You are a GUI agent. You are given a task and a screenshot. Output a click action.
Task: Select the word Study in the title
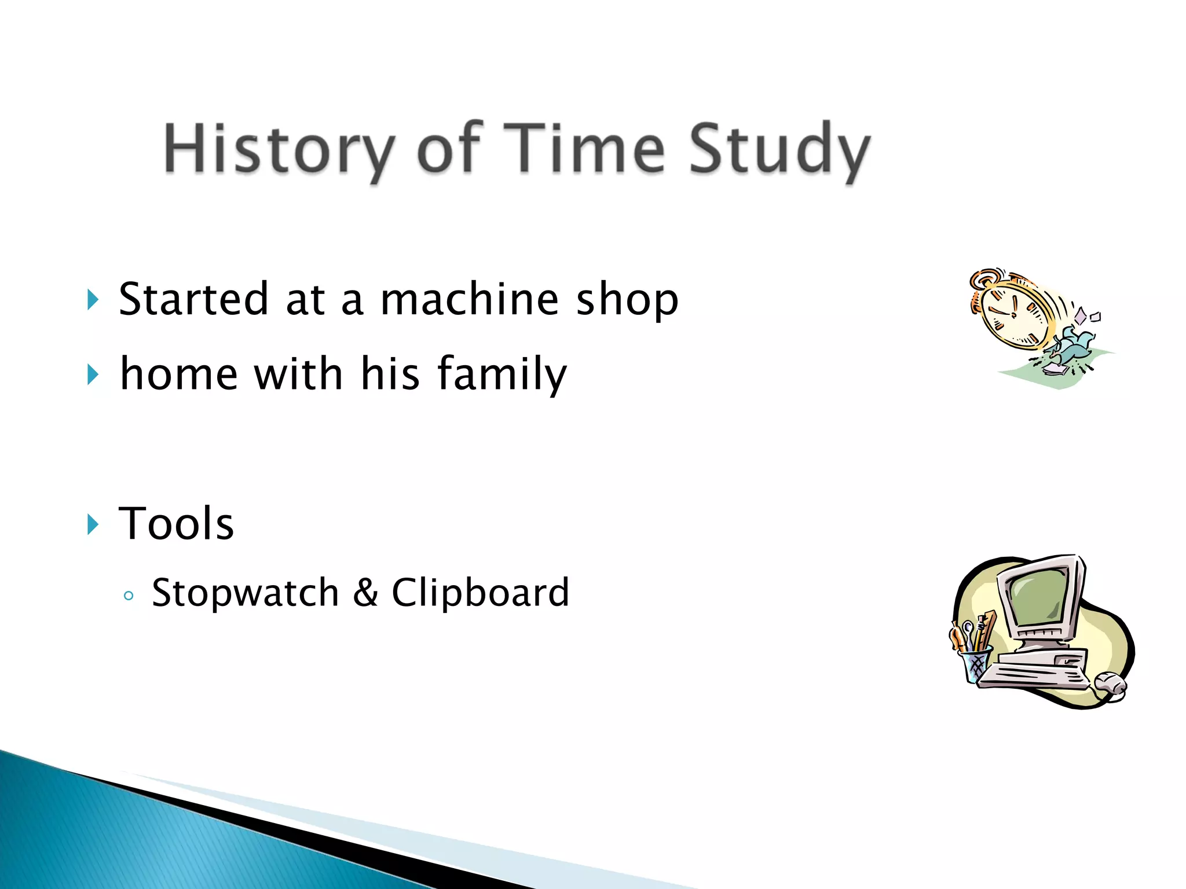779,149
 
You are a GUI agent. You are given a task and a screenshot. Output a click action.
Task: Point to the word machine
469,299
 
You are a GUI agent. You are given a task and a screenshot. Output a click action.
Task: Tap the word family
502,374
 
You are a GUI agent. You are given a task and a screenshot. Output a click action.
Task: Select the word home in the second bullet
178,374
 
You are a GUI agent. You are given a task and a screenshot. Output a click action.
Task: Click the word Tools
176,524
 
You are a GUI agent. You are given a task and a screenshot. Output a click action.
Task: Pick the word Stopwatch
245,593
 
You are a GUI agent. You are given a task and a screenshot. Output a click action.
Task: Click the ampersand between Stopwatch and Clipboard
365,593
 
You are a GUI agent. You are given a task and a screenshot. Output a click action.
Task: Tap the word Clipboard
480,593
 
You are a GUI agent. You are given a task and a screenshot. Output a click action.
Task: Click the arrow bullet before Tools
93,524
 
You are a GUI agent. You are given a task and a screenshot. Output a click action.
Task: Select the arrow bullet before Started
93,300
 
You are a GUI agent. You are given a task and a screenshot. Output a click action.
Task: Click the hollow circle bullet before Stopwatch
129,596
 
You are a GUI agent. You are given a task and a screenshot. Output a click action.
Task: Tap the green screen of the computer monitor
1040,599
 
